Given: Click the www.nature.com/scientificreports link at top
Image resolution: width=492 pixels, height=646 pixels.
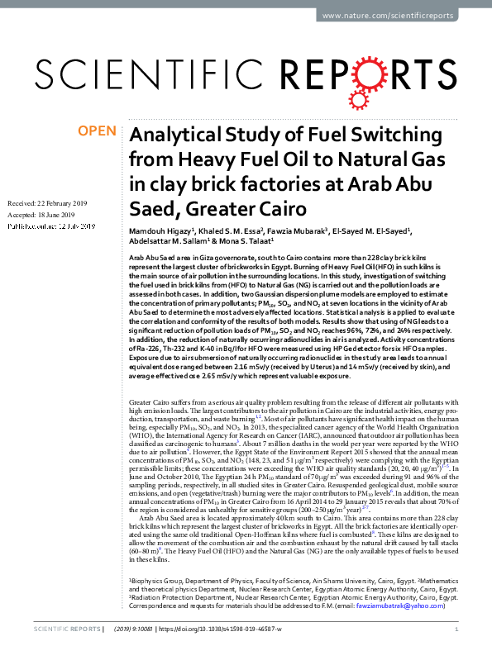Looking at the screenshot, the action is point(400,17).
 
